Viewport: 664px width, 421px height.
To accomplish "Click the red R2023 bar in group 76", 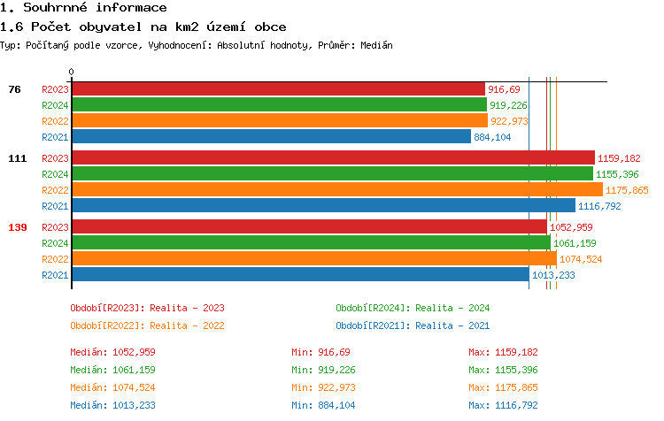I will coord(278,89).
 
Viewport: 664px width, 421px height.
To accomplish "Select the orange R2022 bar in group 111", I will coord(336,190).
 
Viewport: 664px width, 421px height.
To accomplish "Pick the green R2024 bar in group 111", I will coord(332,174).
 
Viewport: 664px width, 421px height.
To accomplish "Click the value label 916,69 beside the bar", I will coord(504,89).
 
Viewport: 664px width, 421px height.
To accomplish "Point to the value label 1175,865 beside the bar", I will coord(627,190).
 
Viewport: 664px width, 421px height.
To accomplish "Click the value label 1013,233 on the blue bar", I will coord(553,275).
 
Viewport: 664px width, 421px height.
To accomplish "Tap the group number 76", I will coord(14,89).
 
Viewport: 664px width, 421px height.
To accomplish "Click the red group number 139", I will coord(17,227).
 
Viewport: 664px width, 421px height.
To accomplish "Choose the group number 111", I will coord(17,158).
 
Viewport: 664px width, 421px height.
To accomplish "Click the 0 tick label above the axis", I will coord(72,73).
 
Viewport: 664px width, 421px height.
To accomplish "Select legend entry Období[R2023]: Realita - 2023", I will coord(147,308).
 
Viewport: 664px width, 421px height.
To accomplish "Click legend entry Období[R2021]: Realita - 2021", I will coord(413,325).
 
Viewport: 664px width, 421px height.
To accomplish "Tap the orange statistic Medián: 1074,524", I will coord(112,387).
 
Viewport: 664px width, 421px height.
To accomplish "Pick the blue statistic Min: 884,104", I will coord(323,405).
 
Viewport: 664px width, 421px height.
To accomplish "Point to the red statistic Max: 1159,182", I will coord(503,352).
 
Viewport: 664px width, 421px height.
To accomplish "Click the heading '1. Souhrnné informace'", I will coord(84,8).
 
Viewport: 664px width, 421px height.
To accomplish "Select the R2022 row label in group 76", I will coord(55,121).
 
